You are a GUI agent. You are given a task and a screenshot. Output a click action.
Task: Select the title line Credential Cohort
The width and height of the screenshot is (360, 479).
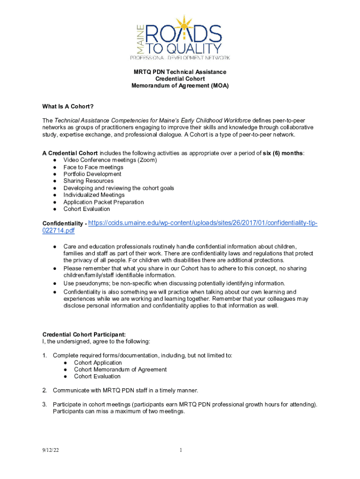coord(180,79)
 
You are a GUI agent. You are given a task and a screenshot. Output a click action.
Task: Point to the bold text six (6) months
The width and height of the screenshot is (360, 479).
coord(282,153)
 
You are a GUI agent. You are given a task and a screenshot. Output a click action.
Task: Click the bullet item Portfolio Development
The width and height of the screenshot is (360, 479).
coord(93,174)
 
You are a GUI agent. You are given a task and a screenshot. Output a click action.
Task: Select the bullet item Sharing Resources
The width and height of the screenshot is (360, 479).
coord(88,181)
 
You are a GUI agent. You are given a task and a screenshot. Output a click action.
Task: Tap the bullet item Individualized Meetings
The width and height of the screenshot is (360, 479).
coord(94,195)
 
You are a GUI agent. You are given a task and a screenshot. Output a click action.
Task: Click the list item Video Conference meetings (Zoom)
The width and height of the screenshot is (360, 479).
coord(110,160)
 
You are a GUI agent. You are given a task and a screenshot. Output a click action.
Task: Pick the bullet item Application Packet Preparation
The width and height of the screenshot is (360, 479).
coord(104,202)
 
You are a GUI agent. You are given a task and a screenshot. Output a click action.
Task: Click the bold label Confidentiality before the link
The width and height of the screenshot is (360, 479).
coord(63,224)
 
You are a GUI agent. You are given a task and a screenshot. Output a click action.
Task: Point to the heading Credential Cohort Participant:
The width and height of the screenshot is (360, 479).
coord(84,334)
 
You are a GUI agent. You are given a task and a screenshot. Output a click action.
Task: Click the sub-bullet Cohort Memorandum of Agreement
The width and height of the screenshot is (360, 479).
coord(120,370)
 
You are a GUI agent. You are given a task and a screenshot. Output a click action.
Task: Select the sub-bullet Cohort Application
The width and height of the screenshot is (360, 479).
coord(98,363)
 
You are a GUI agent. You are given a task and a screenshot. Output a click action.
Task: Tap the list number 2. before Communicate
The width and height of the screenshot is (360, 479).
coord(45,390)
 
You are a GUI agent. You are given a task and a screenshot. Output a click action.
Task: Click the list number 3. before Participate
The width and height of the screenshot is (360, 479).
coord(45,404)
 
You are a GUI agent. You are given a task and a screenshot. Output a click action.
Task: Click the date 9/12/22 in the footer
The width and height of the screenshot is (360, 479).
coord(50,450)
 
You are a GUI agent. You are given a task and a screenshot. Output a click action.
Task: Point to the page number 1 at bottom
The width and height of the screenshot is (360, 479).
coord(180,450)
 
